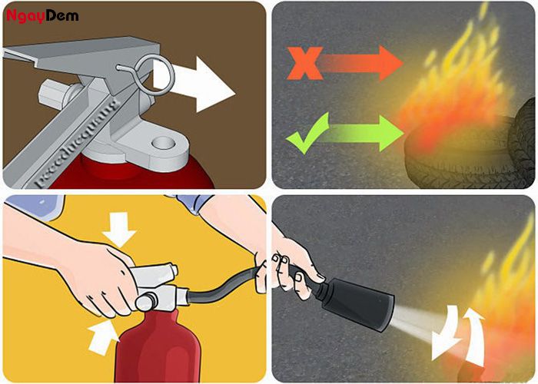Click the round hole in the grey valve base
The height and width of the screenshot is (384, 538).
(163, 143)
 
